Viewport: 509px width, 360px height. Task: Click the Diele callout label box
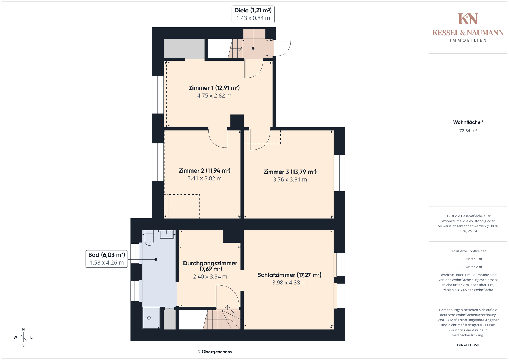click(253, 14)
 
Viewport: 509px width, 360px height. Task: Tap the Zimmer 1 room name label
click(214, 88)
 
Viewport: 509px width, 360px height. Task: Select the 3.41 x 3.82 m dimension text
click(204, 178)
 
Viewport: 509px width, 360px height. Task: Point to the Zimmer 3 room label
click(290, 172)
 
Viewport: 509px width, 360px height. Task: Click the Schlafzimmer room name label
click(289, 275)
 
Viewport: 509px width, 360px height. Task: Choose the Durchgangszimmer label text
click(210, 266)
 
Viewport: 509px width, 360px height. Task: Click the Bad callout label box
click(107, 259)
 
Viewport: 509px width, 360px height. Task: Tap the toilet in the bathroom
click(149, 238)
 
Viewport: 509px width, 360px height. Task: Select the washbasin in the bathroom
click(167, 234)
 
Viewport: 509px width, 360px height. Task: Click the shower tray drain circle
click(149, 318)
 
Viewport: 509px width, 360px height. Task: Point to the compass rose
click(23, 337)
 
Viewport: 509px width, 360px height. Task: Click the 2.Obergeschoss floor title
click(215, 352)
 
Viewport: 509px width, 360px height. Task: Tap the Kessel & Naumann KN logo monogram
click(468, 19)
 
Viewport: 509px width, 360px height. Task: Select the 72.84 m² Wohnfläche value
click(468, 131)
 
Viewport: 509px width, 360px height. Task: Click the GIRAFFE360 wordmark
click(468, 345)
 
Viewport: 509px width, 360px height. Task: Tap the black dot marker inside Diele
click(253, 48)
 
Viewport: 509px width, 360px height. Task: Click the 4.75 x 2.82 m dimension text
click(214, 96)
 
